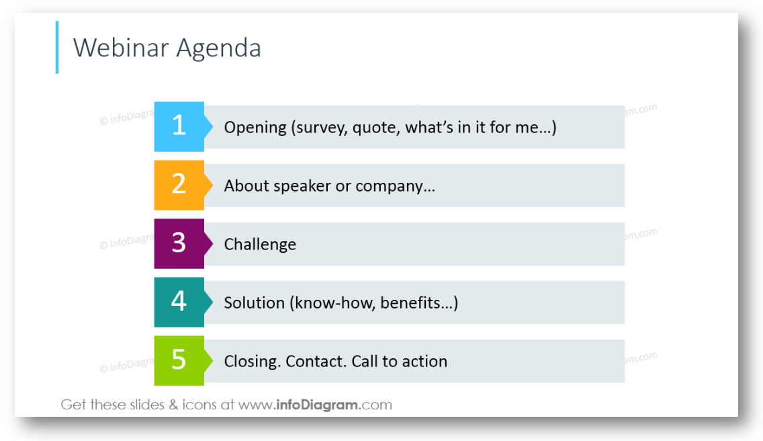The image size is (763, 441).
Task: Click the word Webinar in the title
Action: (121, 48)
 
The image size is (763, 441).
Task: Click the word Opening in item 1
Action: (255, 128)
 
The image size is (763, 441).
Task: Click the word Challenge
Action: (260, 245)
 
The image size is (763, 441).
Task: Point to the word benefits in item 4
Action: (410, 303)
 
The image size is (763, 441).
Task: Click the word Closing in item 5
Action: (252, 362)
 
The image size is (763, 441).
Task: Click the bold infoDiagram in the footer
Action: (317, 405)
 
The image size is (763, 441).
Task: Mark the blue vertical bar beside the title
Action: (57, 47)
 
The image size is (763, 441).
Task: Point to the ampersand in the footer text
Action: (173, 405)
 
